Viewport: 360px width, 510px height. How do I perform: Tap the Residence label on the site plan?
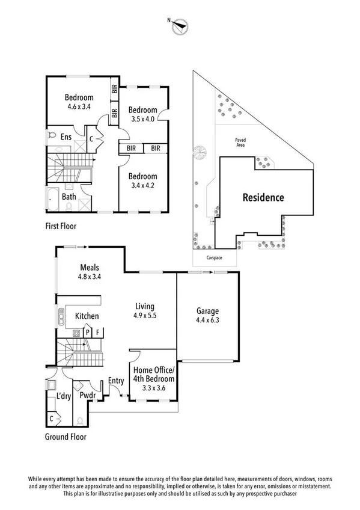point(263,197)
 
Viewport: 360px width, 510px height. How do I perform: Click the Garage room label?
point(207,311)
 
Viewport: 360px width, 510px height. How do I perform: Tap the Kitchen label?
point(87,316)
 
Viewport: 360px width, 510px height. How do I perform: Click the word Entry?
point(117,380)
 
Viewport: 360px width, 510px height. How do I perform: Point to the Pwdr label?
point(81,398)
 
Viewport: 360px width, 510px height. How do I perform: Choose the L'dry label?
point(64,398)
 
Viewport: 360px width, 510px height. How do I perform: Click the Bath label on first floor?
point(69,196)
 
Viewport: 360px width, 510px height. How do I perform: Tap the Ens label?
point(66,137)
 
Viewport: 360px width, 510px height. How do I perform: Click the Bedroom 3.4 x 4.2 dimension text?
point(142,186)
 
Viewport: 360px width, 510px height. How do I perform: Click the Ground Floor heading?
point(66,437)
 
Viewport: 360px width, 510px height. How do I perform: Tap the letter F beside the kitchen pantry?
point(98,331)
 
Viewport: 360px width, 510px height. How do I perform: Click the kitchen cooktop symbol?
point(77,332)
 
